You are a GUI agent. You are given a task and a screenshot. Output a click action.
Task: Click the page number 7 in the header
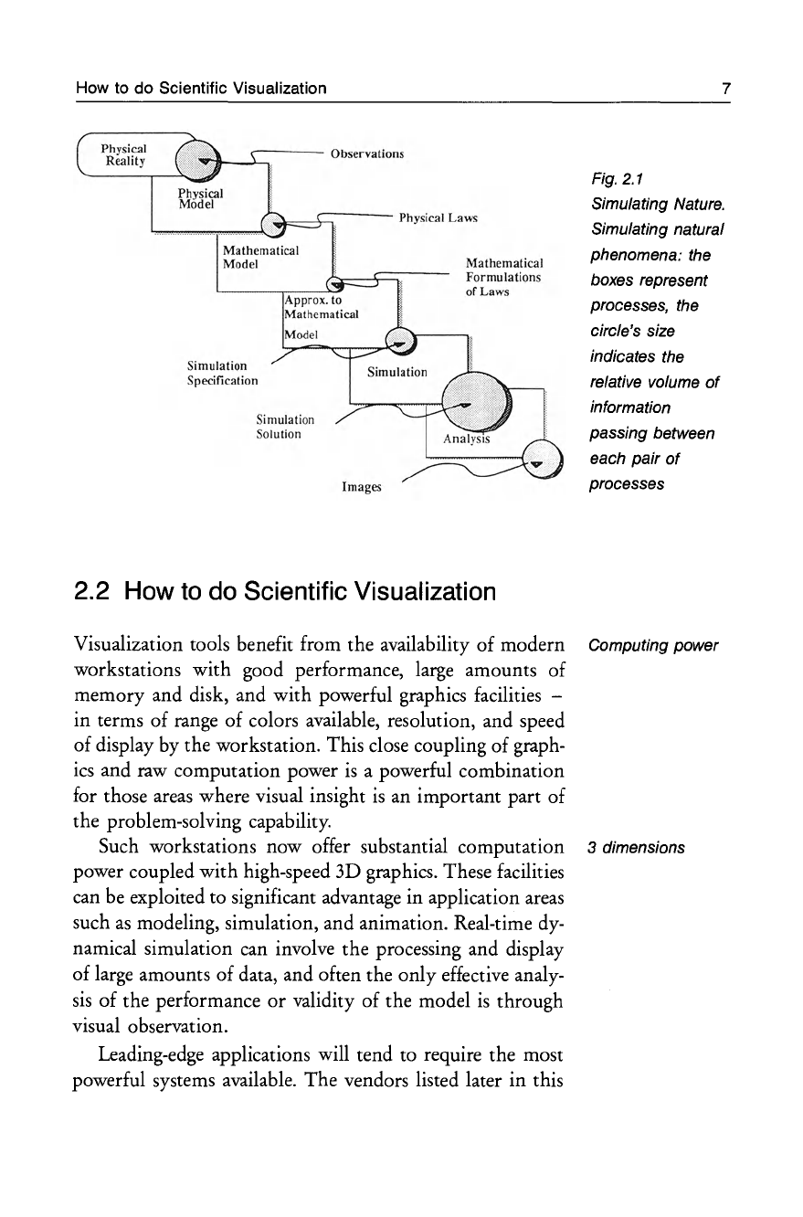pyautogui.click(x=724, y=89)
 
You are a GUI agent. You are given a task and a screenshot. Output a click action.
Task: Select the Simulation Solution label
pyautogui.click(x=286, y=427)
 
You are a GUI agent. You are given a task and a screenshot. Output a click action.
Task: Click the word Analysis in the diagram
pyautogui.click(x=467, y=439)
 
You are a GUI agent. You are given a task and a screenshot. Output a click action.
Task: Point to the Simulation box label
pyautogui.click(x=396, y=372)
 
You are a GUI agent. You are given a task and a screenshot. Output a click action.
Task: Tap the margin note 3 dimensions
pyautogui.click(x=637, y=847)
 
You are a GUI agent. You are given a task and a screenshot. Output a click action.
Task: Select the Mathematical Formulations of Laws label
pyautogui.click(x=503, y=277)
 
